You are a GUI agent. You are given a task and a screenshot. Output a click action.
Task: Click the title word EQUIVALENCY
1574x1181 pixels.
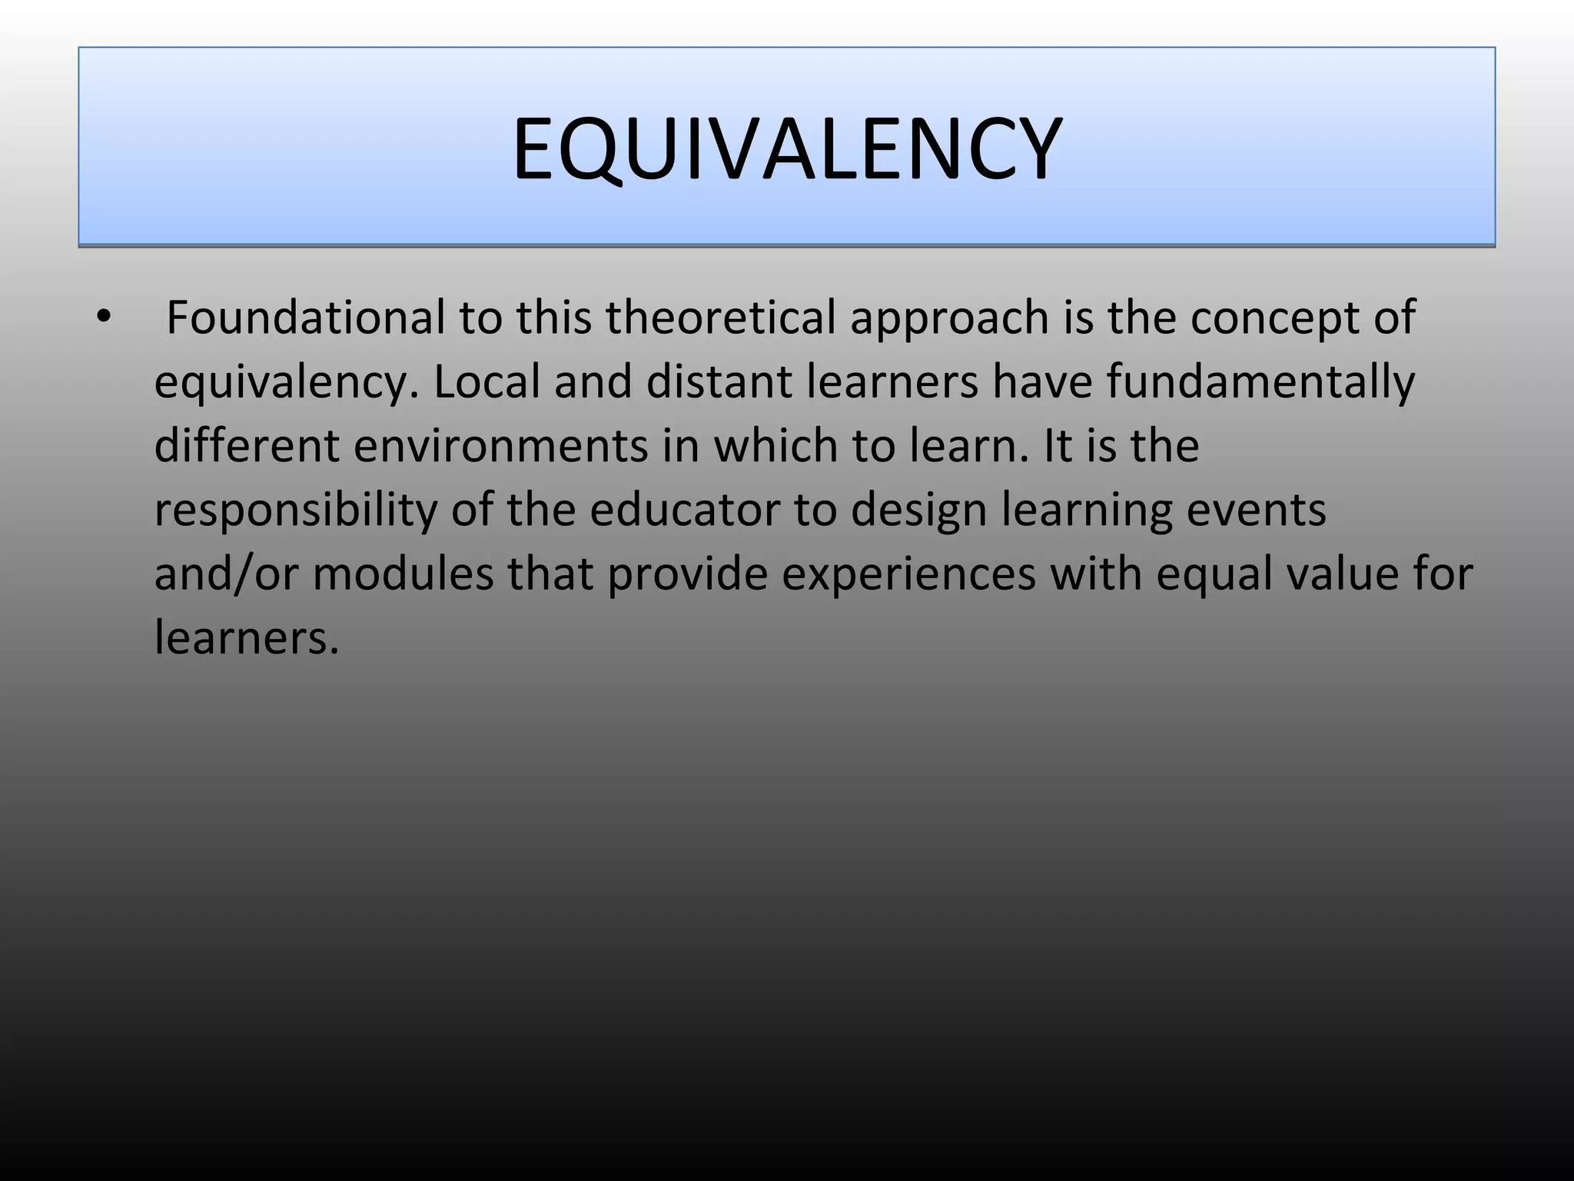click(787, 148)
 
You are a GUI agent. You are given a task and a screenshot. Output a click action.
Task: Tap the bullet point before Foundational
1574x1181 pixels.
click(105, 317)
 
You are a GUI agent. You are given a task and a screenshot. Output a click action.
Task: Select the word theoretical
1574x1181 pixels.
click(720, 317)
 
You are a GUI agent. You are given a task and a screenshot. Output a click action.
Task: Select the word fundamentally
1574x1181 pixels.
click(1260, 383)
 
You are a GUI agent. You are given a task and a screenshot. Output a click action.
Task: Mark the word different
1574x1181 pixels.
click(246, 445)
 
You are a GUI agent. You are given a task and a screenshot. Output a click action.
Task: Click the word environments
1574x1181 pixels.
click(500, 445)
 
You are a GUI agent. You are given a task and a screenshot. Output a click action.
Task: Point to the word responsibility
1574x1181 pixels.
click(295, 511)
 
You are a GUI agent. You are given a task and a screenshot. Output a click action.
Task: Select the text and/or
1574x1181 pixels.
click(225, 574)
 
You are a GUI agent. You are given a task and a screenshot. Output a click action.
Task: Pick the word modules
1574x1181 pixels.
click(403, 574)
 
